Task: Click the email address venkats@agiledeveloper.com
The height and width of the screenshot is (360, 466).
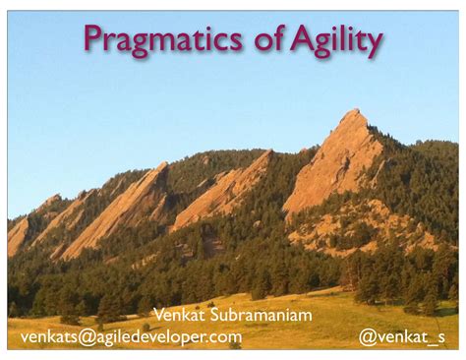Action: click(x=132, y=337)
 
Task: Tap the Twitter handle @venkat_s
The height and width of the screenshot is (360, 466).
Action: click(x=402, y=337)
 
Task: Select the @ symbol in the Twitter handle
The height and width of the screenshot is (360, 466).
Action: click(x=367, y=337)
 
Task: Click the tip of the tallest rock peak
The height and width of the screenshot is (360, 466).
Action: click(x=355, y=111)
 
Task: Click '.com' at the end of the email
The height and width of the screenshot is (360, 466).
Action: click(x=225, y=337)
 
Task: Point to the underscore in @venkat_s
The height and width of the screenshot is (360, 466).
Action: click(x=429, y=342)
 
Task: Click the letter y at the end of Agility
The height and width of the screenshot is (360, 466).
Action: click(x=373, y=44)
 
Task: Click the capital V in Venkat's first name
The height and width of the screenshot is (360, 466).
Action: click(x=157, y=316)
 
